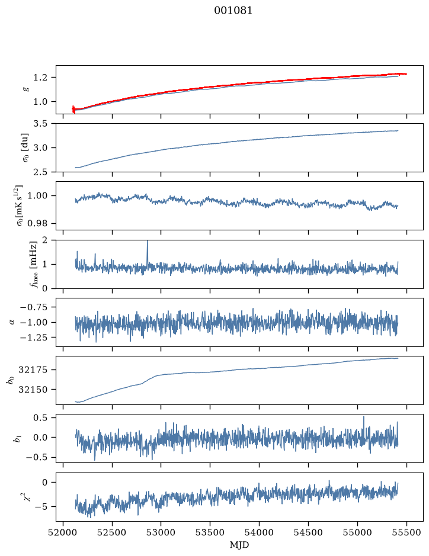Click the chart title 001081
click(x=233, y=11)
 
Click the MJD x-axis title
click(x=239, y=545)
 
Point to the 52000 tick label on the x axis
click(x=63, y=532)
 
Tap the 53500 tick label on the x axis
click(x=210, y=532)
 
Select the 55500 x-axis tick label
click(x=406, y=532)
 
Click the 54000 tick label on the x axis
click(x=259, y=532)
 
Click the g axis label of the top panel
click(x=25, y=89)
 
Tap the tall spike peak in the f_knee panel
click(x=148, y=241)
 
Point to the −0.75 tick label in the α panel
click(x=36, y=307)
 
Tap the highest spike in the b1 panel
click(x=364, y=417)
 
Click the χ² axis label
click(x=26, y=497)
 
